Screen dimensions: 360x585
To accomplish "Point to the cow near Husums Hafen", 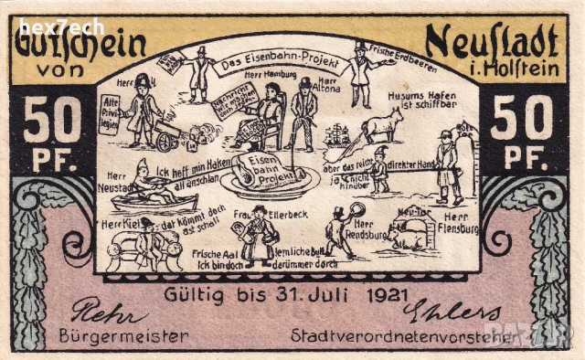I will click(385, 122).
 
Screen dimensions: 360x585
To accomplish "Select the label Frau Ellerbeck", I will click(258, 215).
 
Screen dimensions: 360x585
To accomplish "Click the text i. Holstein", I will click(513, 68).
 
